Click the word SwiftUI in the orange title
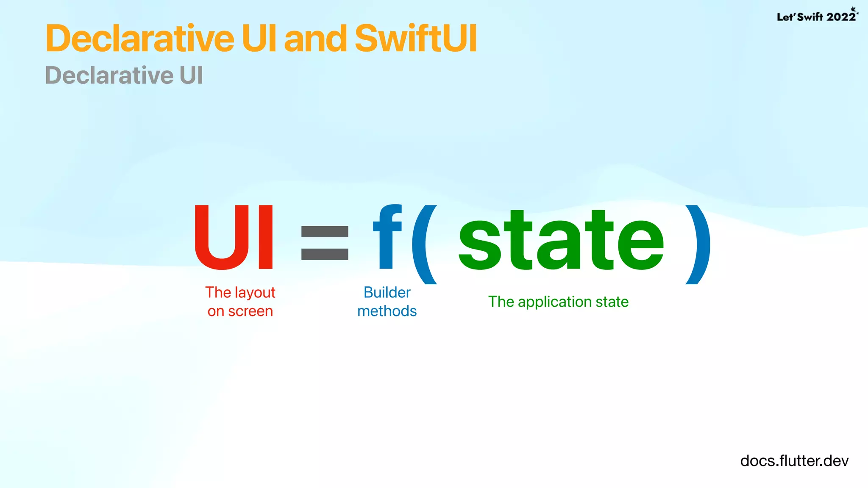416,39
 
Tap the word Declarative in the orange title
140,39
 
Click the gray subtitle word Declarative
109,75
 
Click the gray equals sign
325,242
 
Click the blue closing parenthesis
698,244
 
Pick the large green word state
561,241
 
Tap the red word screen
250,311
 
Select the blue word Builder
387,292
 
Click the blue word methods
387,311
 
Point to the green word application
554,302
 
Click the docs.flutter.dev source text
794,461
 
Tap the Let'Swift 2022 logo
817,16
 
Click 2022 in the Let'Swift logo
841,17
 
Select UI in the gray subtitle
191,75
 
